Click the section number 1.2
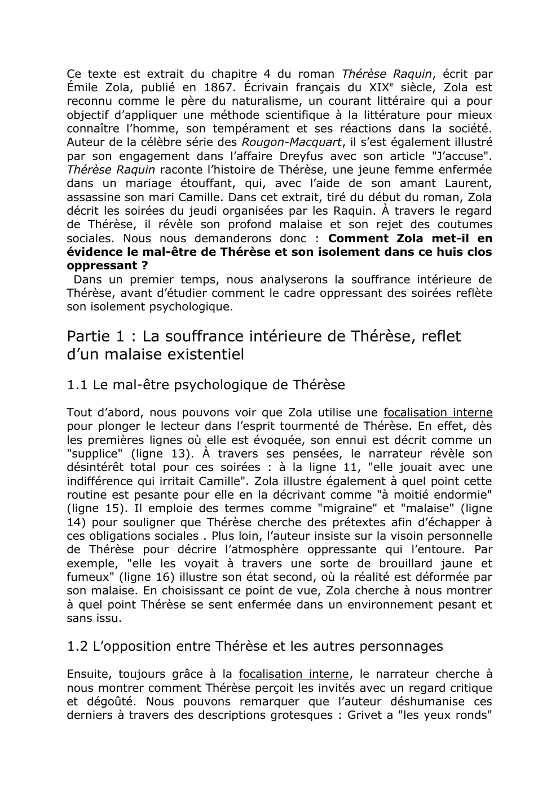pos(77,646)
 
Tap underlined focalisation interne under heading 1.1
pos(438,412)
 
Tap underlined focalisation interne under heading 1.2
pos(294,674)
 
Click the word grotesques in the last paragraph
pos(303,715)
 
